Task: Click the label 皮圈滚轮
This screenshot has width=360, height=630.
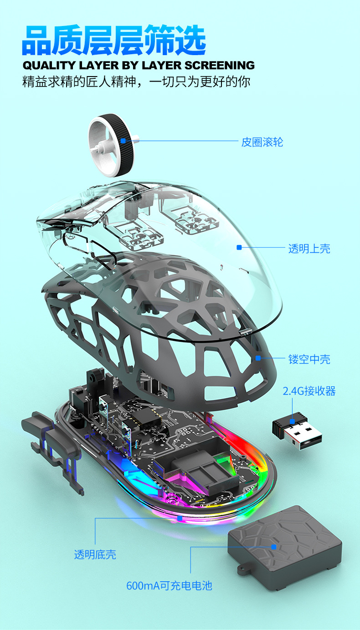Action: point(262,142)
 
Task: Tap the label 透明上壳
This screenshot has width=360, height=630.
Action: point(309,249)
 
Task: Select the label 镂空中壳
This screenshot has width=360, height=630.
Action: point(309,359)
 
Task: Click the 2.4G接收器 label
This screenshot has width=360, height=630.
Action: point(309,391)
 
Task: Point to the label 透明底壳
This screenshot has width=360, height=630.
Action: point(95,554)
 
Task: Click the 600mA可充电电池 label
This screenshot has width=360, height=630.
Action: point(169,585)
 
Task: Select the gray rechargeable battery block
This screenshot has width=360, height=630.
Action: point(285,551)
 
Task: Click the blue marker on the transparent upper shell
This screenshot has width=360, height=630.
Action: point(239,247)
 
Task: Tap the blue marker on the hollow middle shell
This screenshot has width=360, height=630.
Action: point(258,358)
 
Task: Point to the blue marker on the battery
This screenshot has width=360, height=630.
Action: point(274,547)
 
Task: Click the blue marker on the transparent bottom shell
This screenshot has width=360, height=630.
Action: point(180,518)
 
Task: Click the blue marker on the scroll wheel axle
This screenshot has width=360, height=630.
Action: point(136,141)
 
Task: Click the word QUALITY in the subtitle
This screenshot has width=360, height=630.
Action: point(47,65)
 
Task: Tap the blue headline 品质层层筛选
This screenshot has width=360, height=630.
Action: point(114,41)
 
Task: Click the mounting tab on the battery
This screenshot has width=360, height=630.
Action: point(244,569)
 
